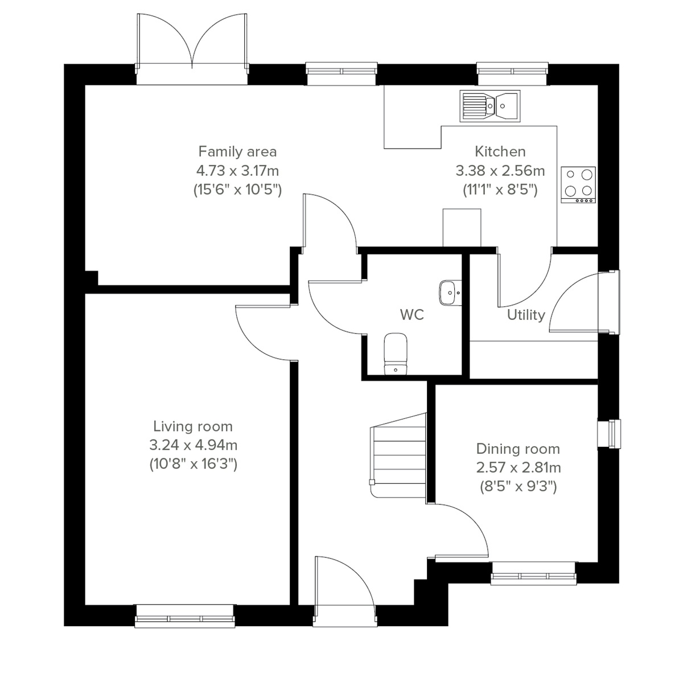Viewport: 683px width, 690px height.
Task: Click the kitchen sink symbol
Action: [x=489, y=105]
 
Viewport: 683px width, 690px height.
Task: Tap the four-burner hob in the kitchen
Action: [x=578, y=184]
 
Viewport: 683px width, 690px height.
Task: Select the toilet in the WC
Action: [x=394, y=354]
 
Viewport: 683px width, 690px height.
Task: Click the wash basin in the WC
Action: [x=450, y=293]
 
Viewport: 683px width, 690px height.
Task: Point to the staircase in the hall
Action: [x=398, y=455]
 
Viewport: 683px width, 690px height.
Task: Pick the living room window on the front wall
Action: [x=186, y=617]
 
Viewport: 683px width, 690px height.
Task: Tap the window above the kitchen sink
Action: [x=513, y=70]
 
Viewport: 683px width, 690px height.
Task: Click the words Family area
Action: [x=237, y=151]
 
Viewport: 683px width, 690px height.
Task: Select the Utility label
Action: [x=526, y=315]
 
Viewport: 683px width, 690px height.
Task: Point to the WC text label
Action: [x=412, y=315]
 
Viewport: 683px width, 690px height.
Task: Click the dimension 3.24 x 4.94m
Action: [x=193, y=445]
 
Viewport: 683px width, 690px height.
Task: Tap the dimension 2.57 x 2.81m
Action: [x=518, y=467]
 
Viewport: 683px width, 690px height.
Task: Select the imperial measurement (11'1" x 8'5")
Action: [x=500, y=189]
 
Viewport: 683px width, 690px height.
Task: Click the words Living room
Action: [x=193, y=426]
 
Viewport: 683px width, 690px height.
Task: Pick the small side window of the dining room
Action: [x=609, y=434]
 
